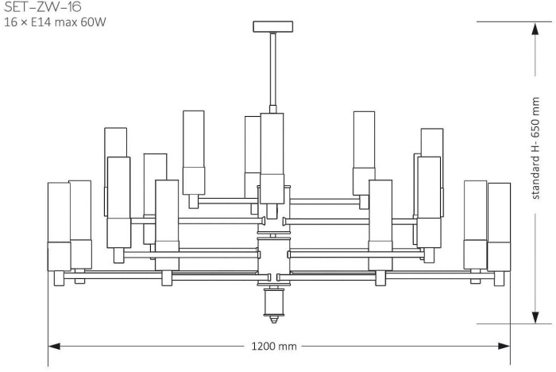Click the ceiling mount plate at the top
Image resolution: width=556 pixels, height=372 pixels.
(272, 27)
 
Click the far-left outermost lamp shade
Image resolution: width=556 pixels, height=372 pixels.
(59, 227)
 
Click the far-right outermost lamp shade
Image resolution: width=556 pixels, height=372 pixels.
(499, 227)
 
